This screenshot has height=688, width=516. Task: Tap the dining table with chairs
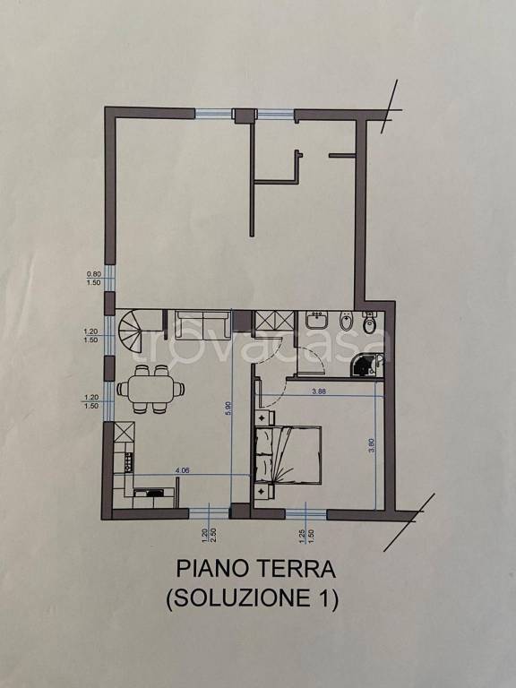[x=150, y=389]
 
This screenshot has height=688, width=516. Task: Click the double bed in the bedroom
[x=288, y=454]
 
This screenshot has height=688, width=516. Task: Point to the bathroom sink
[x=316, y=321]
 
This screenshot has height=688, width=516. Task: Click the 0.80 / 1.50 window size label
[x=93, y=278]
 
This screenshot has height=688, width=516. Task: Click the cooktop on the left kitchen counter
[x=128, y=462]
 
